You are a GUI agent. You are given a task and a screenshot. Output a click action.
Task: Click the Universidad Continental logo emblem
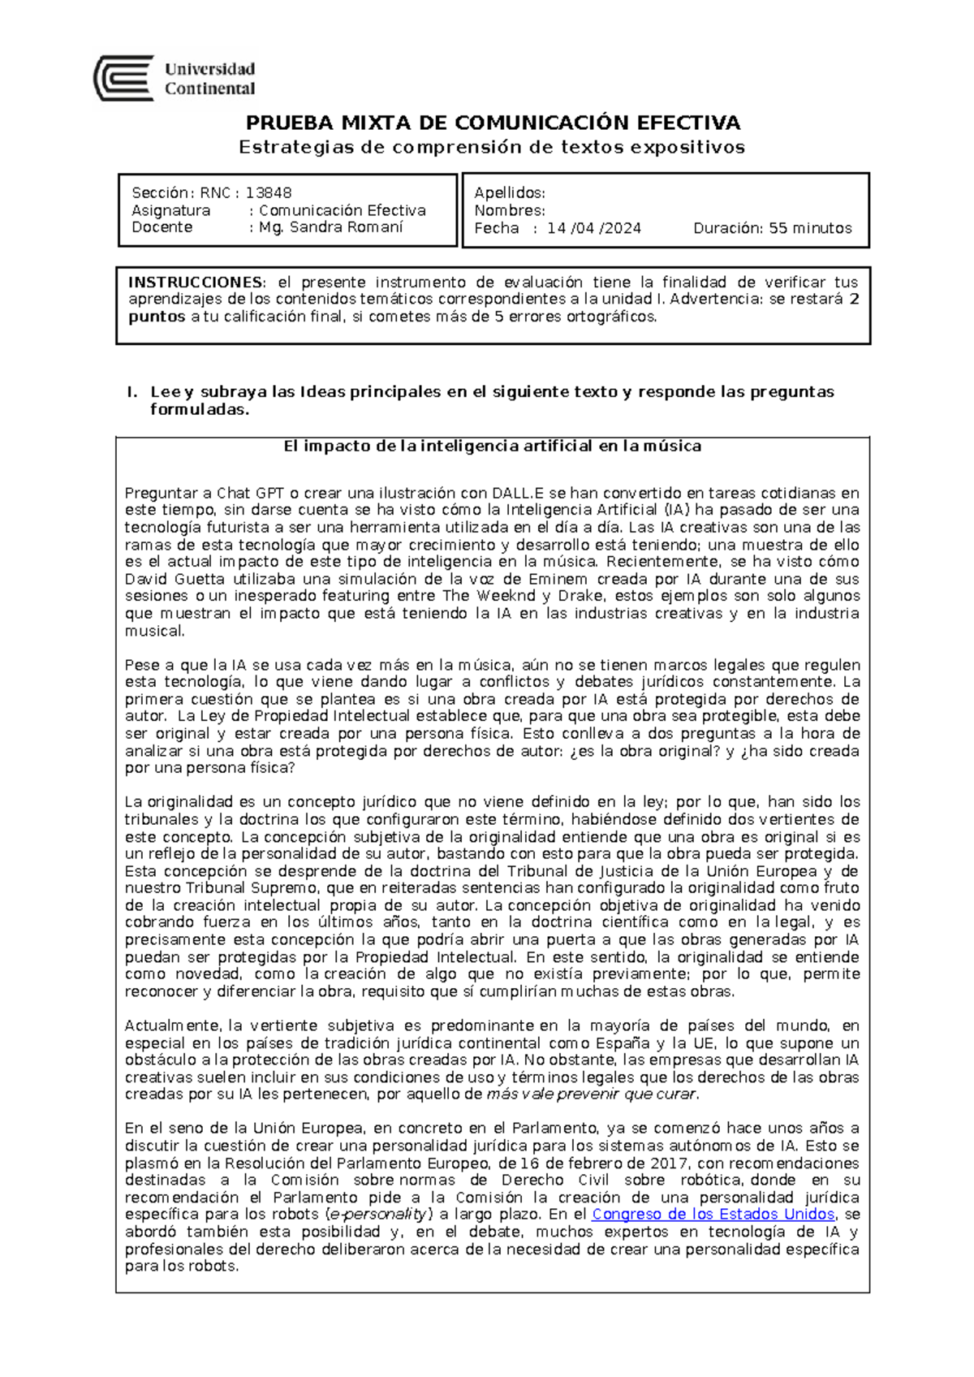click(x=123, y=78)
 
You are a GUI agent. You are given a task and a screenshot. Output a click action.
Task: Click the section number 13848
click(x=269, y=192)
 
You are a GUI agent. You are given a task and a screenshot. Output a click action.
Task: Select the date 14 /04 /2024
click(x=593, y=228)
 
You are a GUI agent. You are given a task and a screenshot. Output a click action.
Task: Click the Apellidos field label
click(x=509, y=192)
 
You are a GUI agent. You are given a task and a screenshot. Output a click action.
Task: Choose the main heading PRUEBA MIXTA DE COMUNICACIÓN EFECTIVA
click(x=493, y=123)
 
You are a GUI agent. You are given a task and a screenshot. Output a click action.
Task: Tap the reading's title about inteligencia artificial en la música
click(x=492, y=446)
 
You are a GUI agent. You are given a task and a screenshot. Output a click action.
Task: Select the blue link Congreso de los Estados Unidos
click(x=713, y=1214)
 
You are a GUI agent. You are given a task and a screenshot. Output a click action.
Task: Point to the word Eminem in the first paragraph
click(x=558, y=579)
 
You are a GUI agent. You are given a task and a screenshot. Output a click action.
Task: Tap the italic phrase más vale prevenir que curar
click(x=591, y=1094)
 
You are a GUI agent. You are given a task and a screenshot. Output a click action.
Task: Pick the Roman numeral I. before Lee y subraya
click(x=131, y=392)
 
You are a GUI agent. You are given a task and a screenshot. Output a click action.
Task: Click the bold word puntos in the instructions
click(x=157, y=317)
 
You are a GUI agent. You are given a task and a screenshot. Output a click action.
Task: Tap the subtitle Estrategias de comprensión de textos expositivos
click(x=492, y=147)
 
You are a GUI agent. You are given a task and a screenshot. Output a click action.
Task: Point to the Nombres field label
click(x=509, y=210)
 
